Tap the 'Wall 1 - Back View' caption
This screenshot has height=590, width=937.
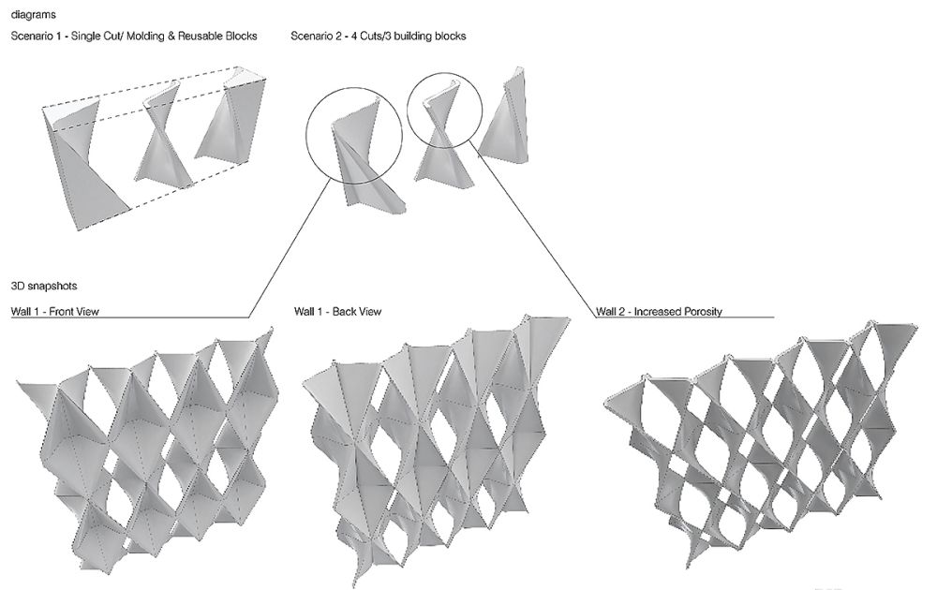click(x=338, y=311)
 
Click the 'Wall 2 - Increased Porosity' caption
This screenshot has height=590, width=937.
click(x=659, y=311)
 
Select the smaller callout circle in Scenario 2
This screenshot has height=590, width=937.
click(x=445, y=111)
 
